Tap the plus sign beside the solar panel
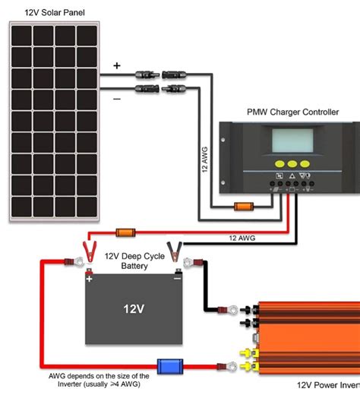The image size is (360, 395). click(x=117, y=66)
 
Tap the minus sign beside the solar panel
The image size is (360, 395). click(x=117, y=99)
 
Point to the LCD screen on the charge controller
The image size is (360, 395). click(x=292, y=141)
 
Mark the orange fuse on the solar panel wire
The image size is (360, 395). click(x=244, y=206)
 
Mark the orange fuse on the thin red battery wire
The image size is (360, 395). click(x=125, y=232)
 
